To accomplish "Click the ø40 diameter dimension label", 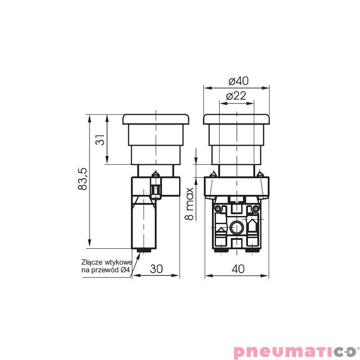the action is pos(238,81).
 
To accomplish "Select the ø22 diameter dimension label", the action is pos(236,96).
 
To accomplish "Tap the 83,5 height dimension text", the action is pos(83,179).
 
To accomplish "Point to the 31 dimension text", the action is pos(100,140).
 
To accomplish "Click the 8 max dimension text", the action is pos(189,204).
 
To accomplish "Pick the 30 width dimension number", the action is pos(156,269).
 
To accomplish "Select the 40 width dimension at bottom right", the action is pos(238,269).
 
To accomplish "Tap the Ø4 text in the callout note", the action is pos(126,270).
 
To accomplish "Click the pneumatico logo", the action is pos(296,352).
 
